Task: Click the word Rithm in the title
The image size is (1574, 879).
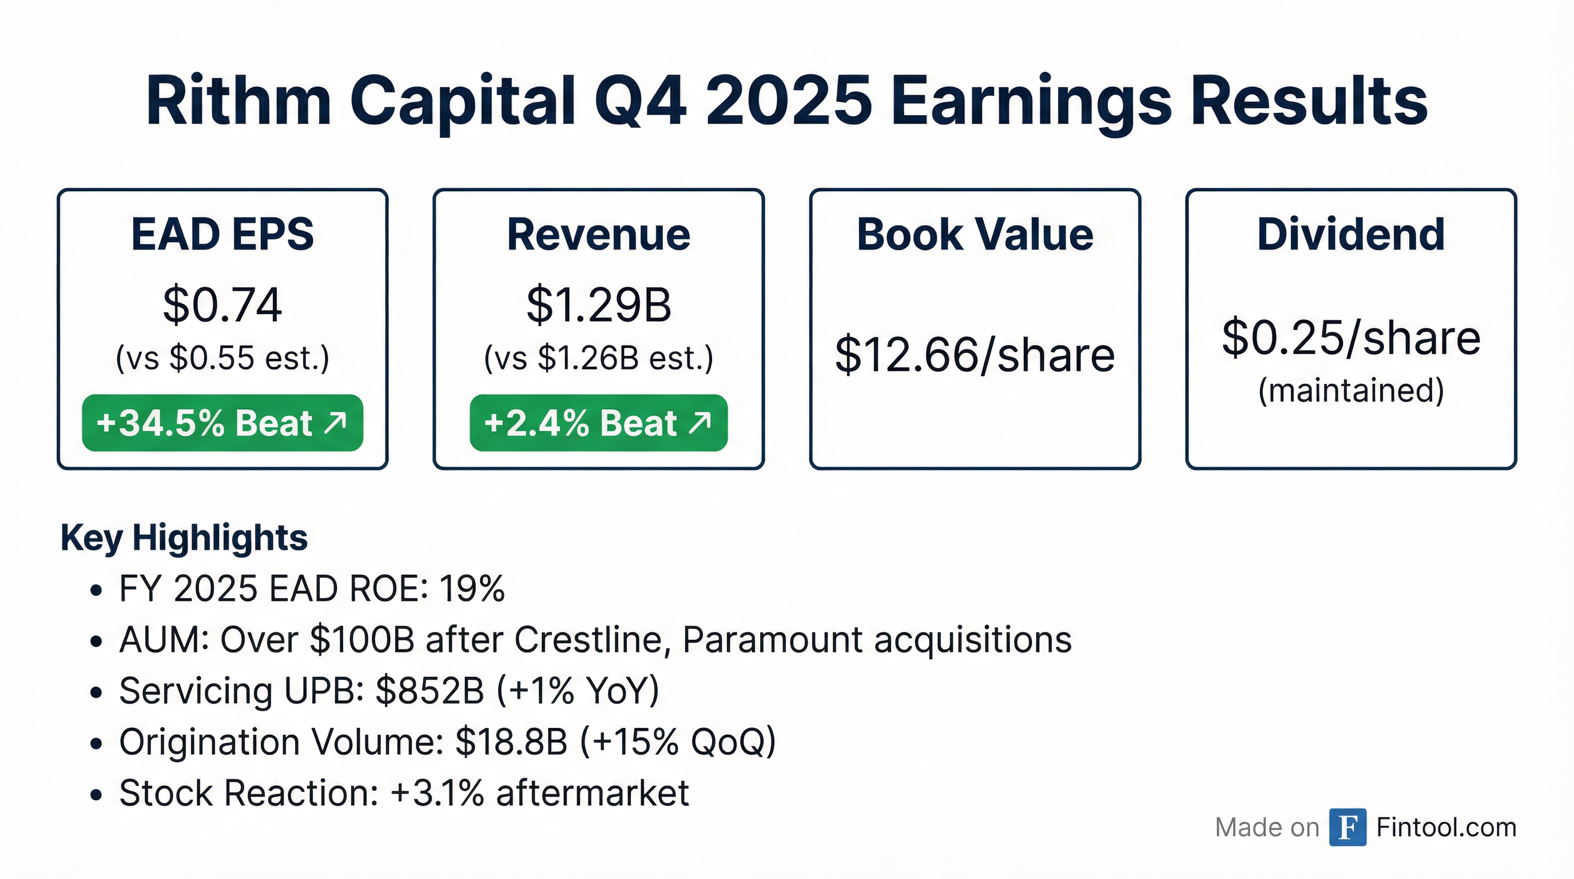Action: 239,101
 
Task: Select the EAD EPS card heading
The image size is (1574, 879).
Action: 222,234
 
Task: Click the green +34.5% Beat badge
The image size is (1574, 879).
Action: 222,423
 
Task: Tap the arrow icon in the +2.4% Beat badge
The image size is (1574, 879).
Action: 699,422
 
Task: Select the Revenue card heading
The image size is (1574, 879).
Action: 599,234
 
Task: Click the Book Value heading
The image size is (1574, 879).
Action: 975,234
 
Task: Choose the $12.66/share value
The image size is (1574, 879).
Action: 975,355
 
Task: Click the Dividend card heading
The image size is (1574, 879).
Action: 1351,234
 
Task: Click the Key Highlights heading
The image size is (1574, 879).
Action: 184,539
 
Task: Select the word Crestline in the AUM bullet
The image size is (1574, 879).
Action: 591,640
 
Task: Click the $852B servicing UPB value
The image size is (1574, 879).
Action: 430,691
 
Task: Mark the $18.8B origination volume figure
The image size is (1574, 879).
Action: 511,742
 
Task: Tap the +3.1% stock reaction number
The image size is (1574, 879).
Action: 438,793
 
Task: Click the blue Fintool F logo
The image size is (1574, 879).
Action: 1348,827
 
